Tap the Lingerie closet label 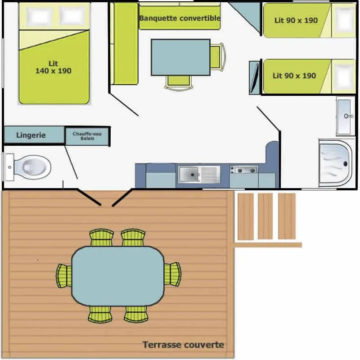31,135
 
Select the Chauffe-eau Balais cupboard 87,136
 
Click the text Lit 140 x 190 53,67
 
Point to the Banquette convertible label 180,18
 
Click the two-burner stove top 244,170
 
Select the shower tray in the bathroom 335,162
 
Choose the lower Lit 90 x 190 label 294,76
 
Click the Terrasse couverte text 183,345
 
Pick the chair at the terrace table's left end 64,275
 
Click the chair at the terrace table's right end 173,275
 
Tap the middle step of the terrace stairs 265,216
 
